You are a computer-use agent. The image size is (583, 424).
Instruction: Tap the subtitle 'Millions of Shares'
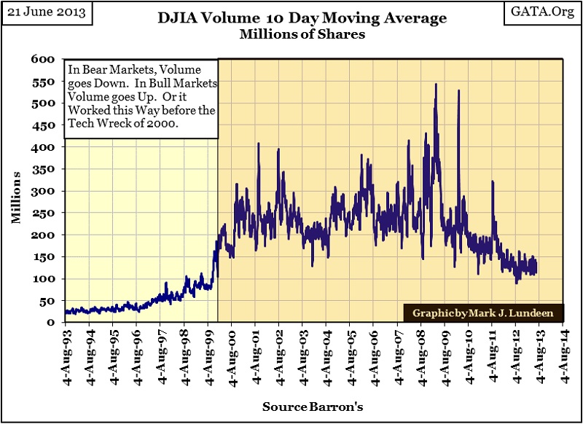click(x=291, y=34)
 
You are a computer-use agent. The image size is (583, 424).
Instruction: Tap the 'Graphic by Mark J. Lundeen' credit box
click(x=482, y=313)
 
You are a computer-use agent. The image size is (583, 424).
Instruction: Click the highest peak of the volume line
click(x=436, y=85)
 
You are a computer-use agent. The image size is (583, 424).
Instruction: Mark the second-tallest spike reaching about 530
click(x=458, y=91)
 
